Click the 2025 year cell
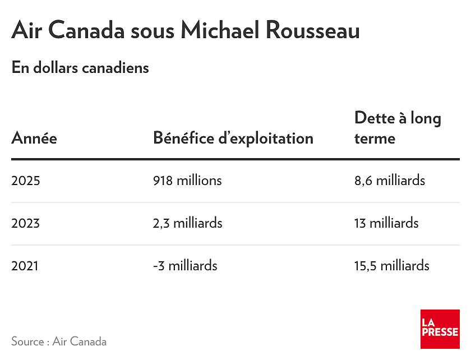(26, 181)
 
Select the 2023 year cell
(26, 223)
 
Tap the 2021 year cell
(25, 266)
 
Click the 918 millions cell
(187, 181)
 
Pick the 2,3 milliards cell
(188, 223)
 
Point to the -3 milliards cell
(185, 266)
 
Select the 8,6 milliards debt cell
(390, 181)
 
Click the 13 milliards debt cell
(386, 223)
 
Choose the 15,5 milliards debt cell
(392, 266)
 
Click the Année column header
(34, 139)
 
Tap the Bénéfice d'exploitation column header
(233, 139)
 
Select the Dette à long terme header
(398, 128)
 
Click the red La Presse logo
(440, 329)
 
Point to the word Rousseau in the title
(313, 30)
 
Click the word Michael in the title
(220, 30)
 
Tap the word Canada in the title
(86, 30)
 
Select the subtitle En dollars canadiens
(80, 67)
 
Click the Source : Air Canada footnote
(59, 341)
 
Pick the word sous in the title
(153, 32)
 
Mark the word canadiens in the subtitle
(116, 67)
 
